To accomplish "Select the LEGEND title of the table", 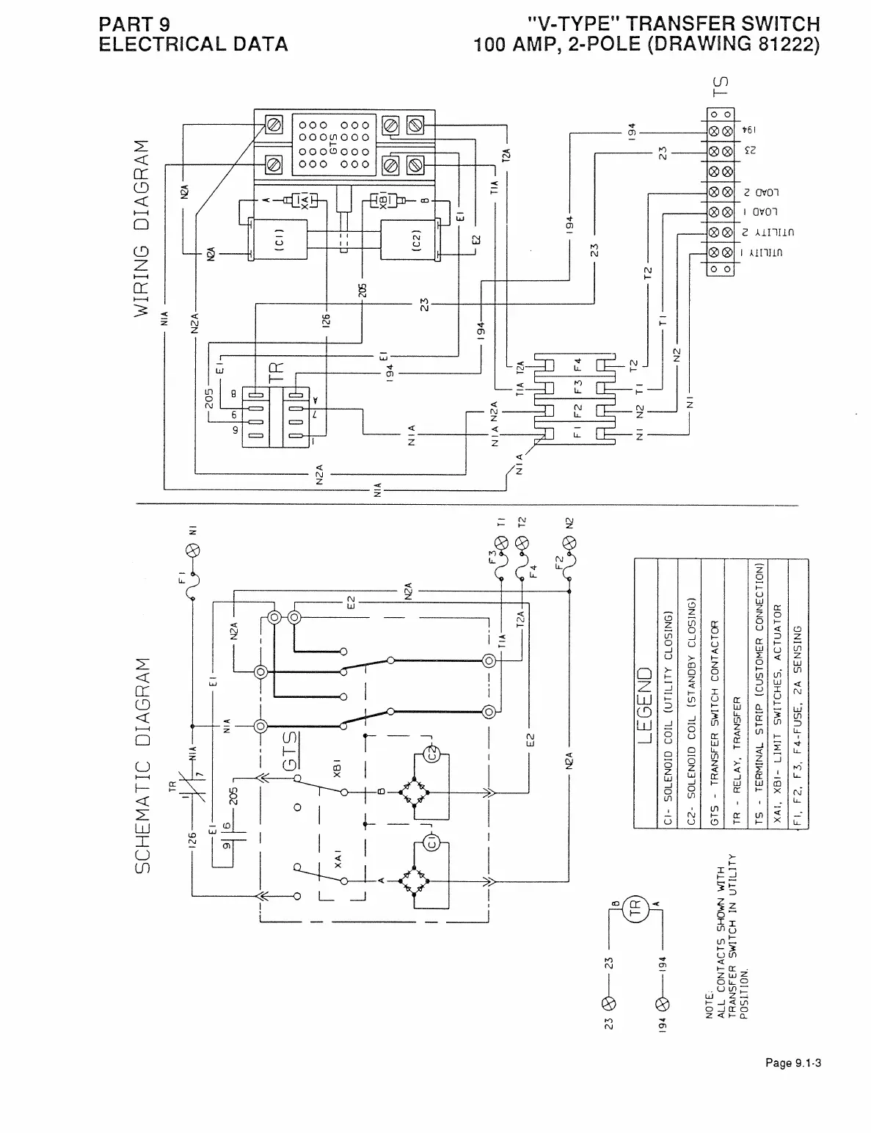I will [644, 705].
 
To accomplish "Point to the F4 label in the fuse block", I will [578, 365].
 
